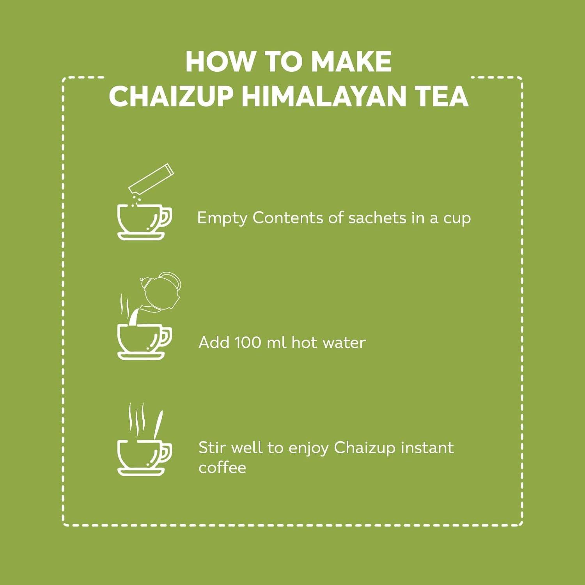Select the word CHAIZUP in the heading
point(171,96)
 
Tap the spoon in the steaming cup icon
point(158,425)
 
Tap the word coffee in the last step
point(222,467)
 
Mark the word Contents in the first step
point(288,218)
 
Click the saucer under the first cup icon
point(141,236)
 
